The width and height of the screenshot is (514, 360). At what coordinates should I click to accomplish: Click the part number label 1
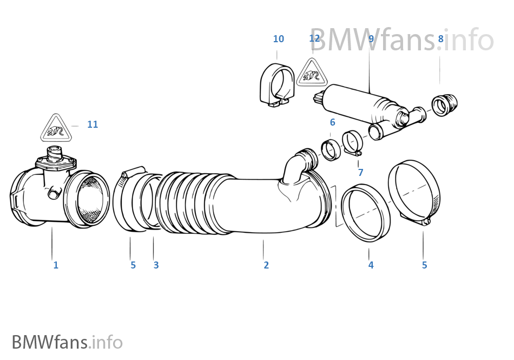tap(55, 265)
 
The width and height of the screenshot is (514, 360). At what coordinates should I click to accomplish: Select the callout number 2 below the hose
tap(266, 265)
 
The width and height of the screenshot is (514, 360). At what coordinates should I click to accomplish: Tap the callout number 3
tap(156, 265)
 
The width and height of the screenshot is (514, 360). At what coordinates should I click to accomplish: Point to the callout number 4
tap(371, 265)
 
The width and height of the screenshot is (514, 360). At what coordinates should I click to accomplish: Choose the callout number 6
tap(332, 123)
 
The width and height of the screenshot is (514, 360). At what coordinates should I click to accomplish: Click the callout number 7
tap(360, 173)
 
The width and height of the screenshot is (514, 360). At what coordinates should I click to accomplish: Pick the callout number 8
tap(440, 39)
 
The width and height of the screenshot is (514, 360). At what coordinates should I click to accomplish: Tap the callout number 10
tap(278, 39)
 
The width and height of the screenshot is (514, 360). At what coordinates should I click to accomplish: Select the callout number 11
tap(93, 125)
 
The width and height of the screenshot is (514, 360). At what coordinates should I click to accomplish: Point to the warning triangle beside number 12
tap(312, 73)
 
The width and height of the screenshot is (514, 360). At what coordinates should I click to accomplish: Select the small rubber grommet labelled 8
tap(445, 104)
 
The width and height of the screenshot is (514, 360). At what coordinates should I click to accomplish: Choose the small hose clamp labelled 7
tap(352, 143)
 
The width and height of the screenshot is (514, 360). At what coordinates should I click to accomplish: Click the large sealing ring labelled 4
tap(366, 213)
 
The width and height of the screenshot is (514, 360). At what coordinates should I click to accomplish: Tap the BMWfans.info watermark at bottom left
tap(67, 342)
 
